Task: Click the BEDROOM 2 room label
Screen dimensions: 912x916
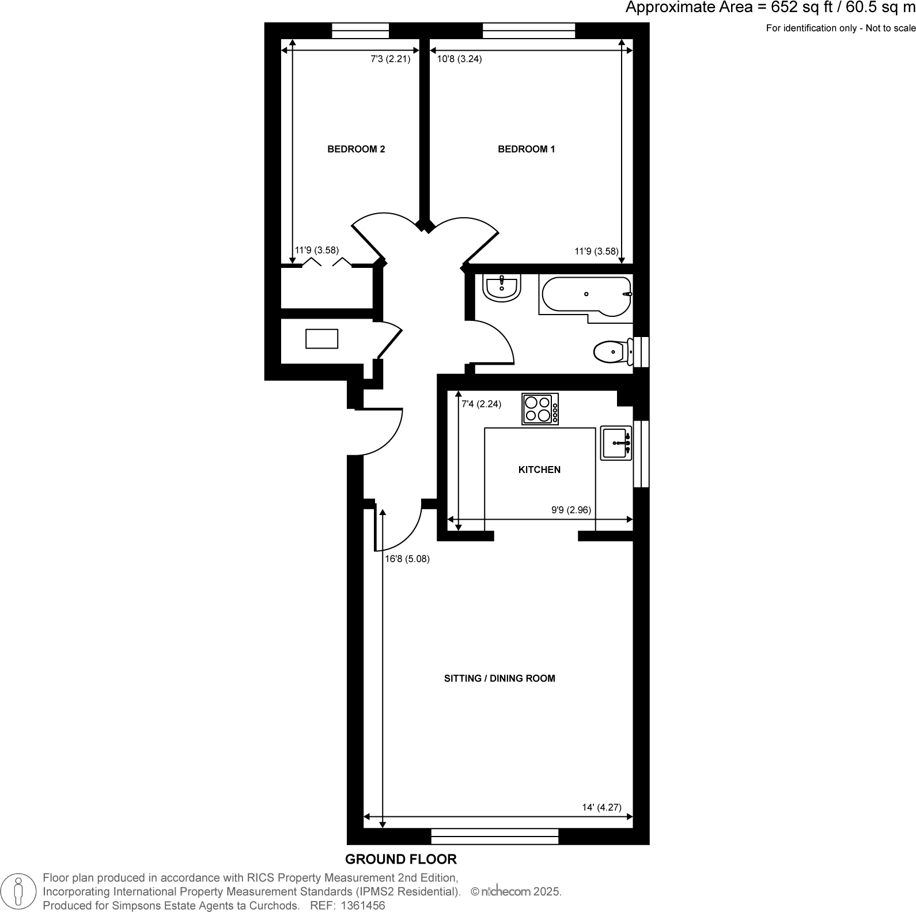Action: pyautogui.click(x=356, y=149)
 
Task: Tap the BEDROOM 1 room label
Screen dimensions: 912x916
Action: pyautogui.click(x=526, y=149)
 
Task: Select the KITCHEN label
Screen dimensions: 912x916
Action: pyautogui.click(x=539, y=470)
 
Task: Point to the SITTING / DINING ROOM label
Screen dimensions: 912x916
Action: pyautogui.click(x=499, y=678)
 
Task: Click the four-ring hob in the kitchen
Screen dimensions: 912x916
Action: pyautogui.click(x=540, y=409)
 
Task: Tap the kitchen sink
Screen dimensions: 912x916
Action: pyautogui.click(x=616, y=443)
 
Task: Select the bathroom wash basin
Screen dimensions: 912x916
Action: pyautogui.click(x=502, y=286)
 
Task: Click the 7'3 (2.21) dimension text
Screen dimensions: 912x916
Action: pyautogui.click(x=390, y=59)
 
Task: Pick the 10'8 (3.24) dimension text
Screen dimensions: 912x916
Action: pyautogui.click(x=459, y=59)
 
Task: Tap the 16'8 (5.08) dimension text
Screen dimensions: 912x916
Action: pyautogui.click(x=407, y=559)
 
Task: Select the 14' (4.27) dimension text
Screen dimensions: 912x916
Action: pyautogui.click(x=601, y=807)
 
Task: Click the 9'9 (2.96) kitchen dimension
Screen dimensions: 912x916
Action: pyautogui.click(x=571, y=510)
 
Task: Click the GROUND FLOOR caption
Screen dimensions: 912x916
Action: pyautogui.click(x=401, y=859)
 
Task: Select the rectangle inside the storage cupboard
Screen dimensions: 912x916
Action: pyautogui.click(x=321, y=339)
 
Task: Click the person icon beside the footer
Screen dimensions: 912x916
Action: pyautogui.click(x=20, y=891)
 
